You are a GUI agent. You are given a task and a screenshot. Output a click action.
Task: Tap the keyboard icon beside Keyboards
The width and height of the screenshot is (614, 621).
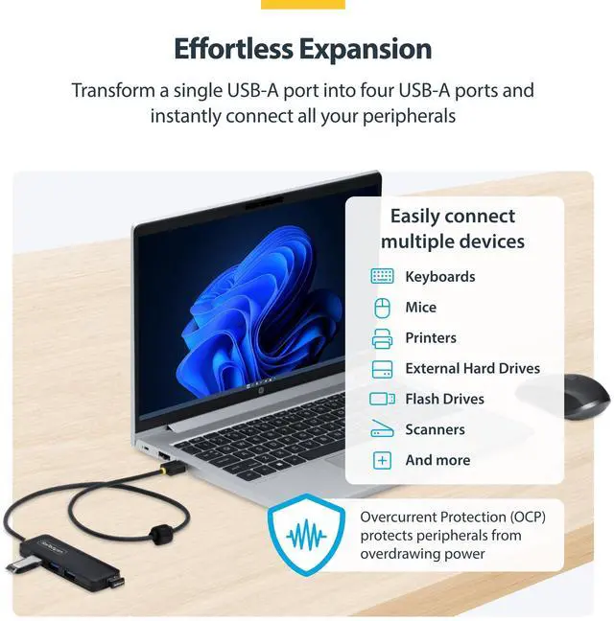pyautogui.click(x=382, y=276)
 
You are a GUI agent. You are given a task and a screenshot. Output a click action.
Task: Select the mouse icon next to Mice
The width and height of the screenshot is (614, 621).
pyautogui.click(x=382, y=308)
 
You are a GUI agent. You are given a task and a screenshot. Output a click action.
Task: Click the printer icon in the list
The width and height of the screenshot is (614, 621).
pyautogui.click(x=382, y=338)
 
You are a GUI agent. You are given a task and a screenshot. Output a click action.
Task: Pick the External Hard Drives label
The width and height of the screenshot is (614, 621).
pyautogui.click(x=472, y=368)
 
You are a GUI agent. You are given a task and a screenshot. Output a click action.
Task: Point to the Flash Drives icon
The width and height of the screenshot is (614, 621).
pyautogui.click(x=382, y=399)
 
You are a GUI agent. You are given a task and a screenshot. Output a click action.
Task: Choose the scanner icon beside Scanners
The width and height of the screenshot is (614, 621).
pyautogui.click(x=382, y=429)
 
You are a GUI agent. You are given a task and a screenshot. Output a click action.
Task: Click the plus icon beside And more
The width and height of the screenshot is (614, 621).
pyautogui.click(x=382, y=460)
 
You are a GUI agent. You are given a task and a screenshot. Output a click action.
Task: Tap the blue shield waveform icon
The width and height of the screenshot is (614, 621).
pyautogui.click(x=306, y=535)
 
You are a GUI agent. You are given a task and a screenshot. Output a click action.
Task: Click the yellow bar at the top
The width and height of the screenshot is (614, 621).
pyautogui.click(x=302, y=4)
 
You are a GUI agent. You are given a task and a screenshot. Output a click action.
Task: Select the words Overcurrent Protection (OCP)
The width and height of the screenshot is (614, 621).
pyautogui.click(x=452, y=517)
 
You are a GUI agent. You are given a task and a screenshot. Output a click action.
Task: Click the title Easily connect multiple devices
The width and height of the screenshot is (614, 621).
pyautogui.click(x=452, y=228)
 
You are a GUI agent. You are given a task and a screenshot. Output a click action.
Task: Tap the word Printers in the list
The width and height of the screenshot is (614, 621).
pyautogui.click(x=431, y=337)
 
